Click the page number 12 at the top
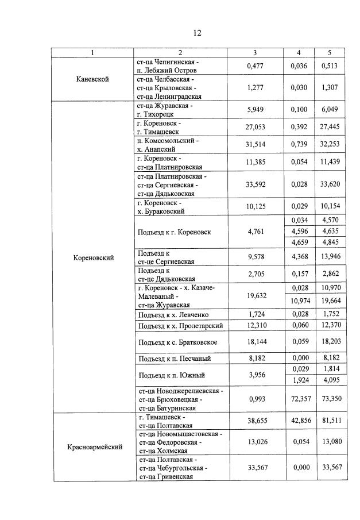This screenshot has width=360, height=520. point(197,33)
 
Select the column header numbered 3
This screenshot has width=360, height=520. point(254,53)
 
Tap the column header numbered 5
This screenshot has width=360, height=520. point(329,53)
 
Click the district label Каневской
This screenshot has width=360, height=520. point(92,79)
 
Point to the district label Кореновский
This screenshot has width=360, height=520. point(93,258)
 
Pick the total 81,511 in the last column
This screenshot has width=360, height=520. point(330,421)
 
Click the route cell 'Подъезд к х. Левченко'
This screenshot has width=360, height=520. point(173,315)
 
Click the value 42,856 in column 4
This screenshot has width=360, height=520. point(299,421)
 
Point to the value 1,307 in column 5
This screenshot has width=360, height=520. point(330,88)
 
